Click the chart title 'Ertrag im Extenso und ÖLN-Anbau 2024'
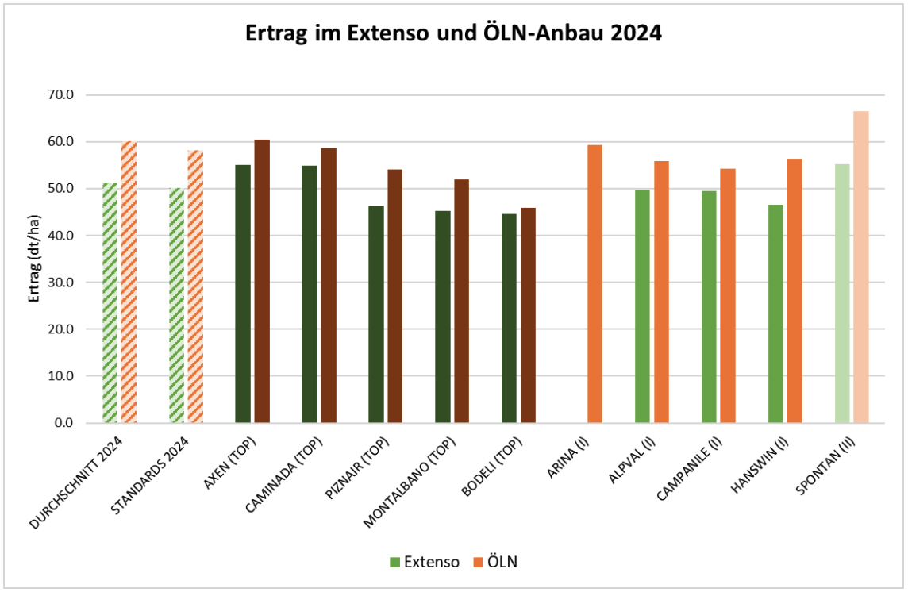pos(453,33)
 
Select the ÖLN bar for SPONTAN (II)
pos(860,267)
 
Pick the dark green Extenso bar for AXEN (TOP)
pos(243,294)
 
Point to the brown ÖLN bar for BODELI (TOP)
pos(528,315)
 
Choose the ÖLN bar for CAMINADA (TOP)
pos(328,285)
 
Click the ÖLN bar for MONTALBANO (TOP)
pos(461,301)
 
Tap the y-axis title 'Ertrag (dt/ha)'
pos(34,259)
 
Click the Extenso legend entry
pos(424,562)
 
